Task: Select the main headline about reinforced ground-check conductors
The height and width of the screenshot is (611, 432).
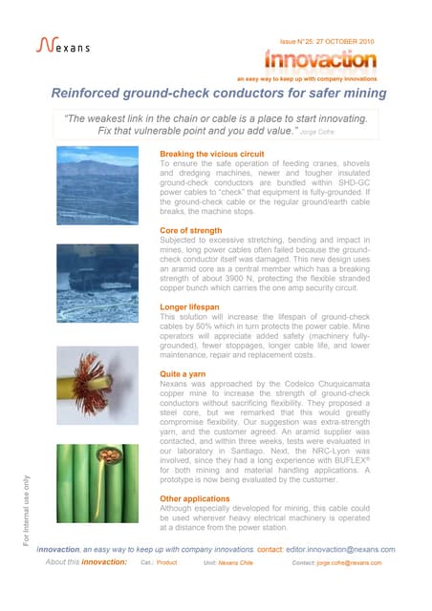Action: (x=218, y=94)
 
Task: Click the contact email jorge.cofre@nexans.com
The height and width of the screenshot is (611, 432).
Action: (x=350, y=564)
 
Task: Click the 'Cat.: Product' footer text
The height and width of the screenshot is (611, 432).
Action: (x=159, y=564)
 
